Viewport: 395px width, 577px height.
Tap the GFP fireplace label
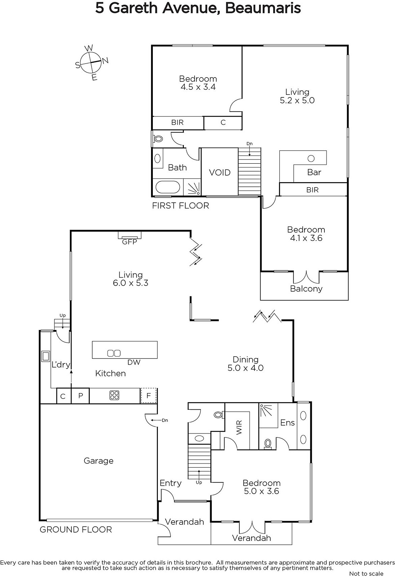point(129,242)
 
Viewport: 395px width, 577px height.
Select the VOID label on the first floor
point(219,172)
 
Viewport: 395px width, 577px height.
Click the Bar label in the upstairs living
point(314,172)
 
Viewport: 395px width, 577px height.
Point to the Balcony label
point(306,288)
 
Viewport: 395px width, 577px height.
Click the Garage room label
point(99,461)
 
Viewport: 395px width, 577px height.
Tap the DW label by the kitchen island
point(134,362)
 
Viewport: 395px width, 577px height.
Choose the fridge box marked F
point(148,395)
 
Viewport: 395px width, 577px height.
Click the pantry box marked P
point(80,396)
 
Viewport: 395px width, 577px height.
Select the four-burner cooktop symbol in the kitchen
point(114,395)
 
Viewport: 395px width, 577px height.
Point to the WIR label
point(239,428)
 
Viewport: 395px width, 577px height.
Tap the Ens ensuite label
point(287,423)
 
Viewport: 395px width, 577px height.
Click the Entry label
point(170,483)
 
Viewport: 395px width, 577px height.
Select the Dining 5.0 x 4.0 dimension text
point(245,364)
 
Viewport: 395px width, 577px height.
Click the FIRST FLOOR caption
point(181,206)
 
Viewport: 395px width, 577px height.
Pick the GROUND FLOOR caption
point(76,530)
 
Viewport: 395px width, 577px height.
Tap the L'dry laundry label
point(61,365)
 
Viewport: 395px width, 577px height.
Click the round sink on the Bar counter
point(311,158)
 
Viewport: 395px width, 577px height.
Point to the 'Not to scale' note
point(366,573)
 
